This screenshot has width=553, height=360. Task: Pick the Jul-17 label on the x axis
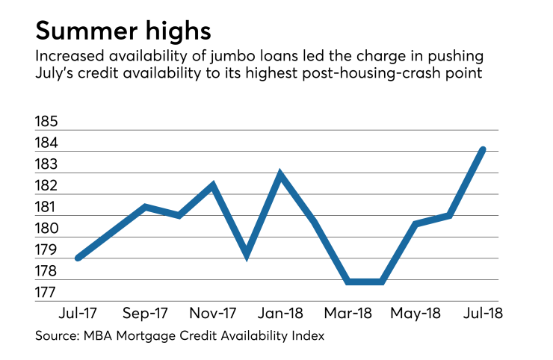(x=77, y=311)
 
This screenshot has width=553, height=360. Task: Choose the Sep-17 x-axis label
(x=144, y=311)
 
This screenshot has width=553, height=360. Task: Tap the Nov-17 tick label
(x=213, y=311)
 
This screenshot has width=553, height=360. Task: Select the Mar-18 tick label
(x=348, y=311)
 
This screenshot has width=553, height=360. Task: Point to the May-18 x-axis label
(x=416, y=311)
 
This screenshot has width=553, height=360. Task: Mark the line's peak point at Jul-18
(x=483, y=149)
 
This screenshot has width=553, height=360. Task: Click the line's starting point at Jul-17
(x=78, y=258)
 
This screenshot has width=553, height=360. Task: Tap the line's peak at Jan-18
(x=280, y=174)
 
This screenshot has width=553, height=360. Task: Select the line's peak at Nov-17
(x=213, y=184)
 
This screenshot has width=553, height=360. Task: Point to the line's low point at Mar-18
(x=348, y=282)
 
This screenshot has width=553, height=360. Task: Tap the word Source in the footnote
(x=55, y=336)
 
